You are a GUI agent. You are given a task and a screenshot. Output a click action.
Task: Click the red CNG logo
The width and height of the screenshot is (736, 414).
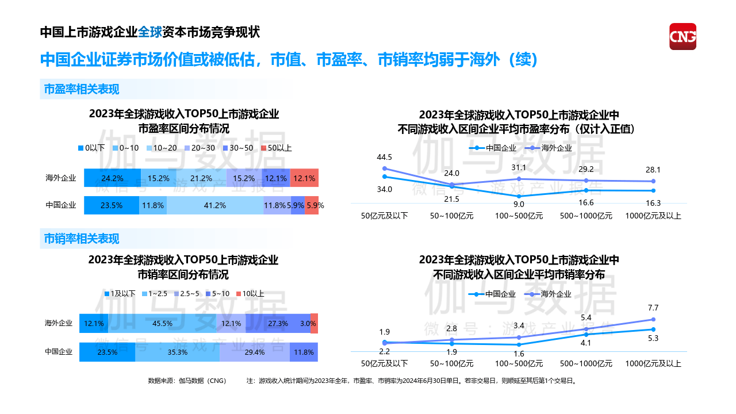pos(683,36)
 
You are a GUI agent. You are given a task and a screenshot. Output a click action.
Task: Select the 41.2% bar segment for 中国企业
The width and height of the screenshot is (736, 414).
pos(215,205)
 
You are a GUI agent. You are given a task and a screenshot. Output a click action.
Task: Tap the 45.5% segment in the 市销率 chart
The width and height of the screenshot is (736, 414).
pos(162,324)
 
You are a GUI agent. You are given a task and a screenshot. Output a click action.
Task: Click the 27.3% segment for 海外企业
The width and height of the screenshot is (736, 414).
pos(278,324)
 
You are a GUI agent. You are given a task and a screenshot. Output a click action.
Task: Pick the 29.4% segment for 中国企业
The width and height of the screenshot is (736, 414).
pos(254,352)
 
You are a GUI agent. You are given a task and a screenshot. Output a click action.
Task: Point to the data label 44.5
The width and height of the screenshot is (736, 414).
pos(384,157)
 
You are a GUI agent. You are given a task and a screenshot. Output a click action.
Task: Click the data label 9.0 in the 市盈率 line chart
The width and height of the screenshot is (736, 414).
pos(519,204)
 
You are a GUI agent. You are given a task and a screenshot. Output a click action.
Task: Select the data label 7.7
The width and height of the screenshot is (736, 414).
pos(653,308)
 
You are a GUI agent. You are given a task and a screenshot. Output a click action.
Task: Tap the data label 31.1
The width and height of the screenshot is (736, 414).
pos(519,167)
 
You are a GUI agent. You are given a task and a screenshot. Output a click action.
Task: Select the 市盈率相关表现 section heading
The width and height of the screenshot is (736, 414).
pos(82,89)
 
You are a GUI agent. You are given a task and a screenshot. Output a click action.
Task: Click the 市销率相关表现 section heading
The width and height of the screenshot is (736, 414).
pos(82,239)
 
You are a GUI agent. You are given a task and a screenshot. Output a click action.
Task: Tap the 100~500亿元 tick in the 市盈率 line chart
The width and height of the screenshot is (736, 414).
pos(519,216)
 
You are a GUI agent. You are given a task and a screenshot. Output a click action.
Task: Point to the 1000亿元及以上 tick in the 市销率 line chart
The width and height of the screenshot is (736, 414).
pos(653,363)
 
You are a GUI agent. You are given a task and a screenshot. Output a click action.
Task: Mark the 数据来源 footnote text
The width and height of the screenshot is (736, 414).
pos(187,381)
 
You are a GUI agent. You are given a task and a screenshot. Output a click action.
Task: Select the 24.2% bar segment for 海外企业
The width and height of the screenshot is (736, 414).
pos(112,178)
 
